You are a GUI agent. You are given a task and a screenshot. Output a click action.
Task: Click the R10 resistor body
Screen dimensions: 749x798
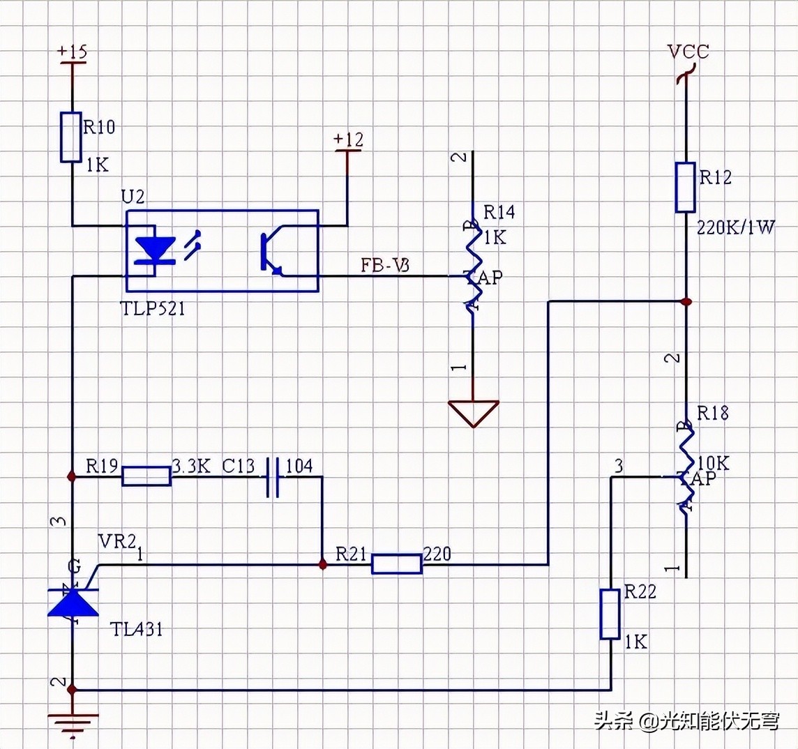(71, 137)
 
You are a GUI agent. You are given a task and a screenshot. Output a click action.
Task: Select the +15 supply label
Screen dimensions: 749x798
(72, 52)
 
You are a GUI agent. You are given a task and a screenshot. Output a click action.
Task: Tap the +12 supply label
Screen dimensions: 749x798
(348, 139)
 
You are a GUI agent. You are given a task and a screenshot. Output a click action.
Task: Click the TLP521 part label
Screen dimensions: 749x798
(153, 308)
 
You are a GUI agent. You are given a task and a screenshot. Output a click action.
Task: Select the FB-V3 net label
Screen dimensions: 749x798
(384, 265)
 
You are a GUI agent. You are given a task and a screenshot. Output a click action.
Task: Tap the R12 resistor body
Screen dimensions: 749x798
(686, 187)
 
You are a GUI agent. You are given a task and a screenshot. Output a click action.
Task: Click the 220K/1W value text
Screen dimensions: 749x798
(735, 227)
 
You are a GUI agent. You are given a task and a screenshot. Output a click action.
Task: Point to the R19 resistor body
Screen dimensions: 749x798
(146, 476)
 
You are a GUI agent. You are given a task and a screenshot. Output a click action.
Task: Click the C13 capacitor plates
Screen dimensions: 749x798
(273, 477)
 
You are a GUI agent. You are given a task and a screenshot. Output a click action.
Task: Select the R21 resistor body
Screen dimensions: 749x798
(396, 563)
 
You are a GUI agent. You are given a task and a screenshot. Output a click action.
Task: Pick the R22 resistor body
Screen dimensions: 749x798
(610, 614)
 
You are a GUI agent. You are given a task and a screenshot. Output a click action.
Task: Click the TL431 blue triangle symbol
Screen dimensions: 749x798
(72, 601)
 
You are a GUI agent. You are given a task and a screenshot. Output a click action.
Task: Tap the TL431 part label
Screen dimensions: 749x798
(137, 629)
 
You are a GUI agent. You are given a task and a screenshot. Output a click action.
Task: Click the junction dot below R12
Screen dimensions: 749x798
(686, 301)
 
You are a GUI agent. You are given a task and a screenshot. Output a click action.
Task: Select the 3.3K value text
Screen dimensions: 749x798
(191, 466)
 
